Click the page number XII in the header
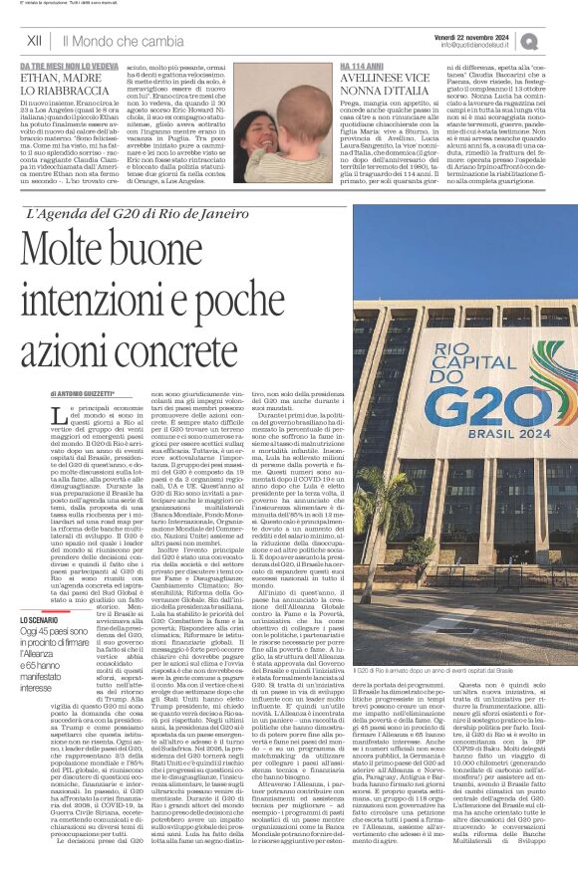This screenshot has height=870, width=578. tap(34, 41)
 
